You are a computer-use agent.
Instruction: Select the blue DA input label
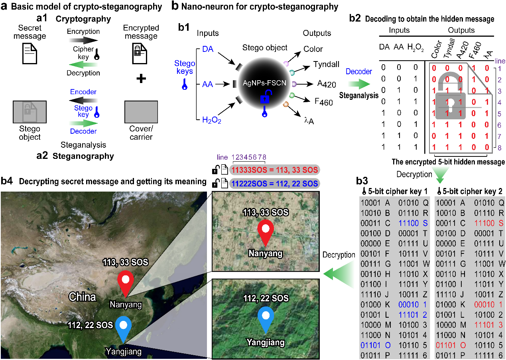point(208,48)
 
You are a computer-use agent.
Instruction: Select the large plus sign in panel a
point(140,79)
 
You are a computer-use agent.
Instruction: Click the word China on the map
point(82,297)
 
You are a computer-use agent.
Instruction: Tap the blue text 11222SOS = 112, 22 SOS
point(275,184)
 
